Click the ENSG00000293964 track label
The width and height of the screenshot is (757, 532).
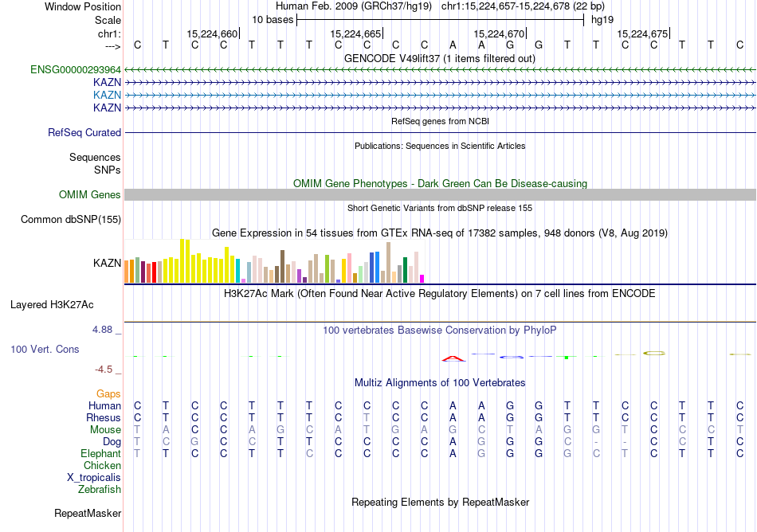pyautogui.click(x=76, y=69)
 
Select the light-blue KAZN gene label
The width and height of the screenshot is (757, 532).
pyautogui.click(x=107, y=95)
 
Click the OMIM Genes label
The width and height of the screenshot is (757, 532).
pyautogui.click(x=90, y=195)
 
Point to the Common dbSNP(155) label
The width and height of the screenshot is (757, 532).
pyautogui.click(x=71, y=219)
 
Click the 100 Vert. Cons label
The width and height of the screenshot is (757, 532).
pyautogui.click(x=45, y=349)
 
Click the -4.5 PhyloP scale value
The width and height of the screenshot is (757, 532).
pyautogui.click(x=108, y=370)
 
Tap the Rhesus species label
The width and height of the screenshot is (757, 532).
pyautogui.click(x=104, y=418)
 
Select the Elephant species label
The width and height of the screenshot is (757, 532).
pyautogui.click(x=100, y=454)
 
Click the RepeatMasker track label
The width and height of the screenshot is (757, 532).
pyautogui.click(x=88, y=514)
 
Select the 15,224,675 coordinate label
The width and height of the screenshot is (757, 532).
pyautogui.click(x=642, y=34)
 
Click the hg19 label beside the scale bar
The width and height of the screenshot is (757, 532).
pyautogui.click(x=602, y=19)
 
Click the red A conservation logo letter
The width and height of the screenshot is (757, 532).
pyautogui.click(x=453, y=358)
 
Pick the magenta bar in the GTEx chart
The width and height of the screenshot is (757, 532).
pyautogui.click(x=422, y=278)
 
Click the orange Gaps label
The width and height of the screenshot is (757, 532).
pyautogui.click(x=108, y=394)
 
